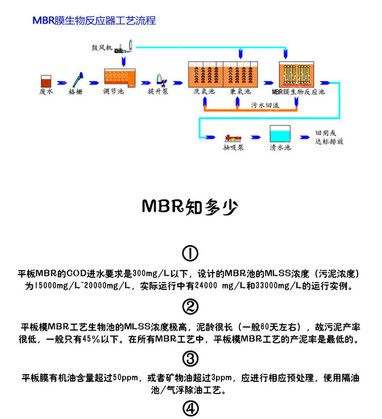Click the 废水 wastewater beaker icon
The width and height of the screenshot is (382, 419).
pyautogui.click(x=46, y=81)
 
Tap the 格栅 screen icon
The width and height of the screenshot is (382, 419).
pyautogui.click(x=78, y=80)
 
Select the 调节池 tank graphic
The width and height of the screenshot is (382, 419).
pyautogui.click(x=120, y=78)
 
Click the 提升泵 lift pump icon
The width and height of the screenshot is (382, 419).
pyautogui.click(x=161, y=80)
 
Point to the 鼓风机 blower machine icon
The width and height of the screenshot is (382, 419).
pyautogui.click(x=124, y=47)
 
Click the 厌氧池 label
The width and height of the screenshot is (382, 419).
pyautogui.click(x=204, y=92)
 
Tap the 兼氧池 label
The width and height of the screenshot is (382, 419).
pyautogui.click(x=240, y=92)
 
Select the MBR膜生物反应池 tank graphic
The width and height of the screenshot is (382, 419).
pyautogui.click(x=296, y=74)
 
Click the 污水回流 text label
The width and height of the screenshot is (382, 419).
pyautogui.click(x=265, y=105)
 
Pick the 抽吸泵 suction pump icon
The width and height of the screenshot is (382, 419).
pyautogui.click(x=233, y=138)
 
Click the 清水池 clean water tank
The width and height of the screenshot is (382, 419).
pyautogui.click(x=280, y=134)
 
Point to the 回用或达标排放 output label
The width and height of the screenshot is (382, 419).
pyautogui.click(x=329, y=137)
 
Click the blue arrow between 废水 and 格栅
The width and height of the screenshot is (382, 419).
pyautogui.click(x=62, y=83)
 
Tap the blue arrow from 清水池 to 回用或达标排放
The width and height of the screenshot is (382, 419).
pyautogui.click(x=305, y=137)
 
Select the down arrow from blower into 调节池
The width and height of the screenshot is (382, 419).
pyautogui.click(x=123, y=61)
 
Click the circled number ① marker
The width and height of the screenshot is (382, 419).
pyautogui.click(x=190, y=253)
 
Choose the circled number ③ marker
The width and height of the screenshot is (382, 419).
pyautogui.click(x=190, y=358)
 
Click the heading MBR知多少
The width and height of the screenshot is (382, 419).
pyautogui.click(x=190, y=206)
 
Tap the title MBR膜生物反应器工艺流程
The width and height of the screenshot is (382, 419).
pyautogui.click(x=94, y=20)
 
